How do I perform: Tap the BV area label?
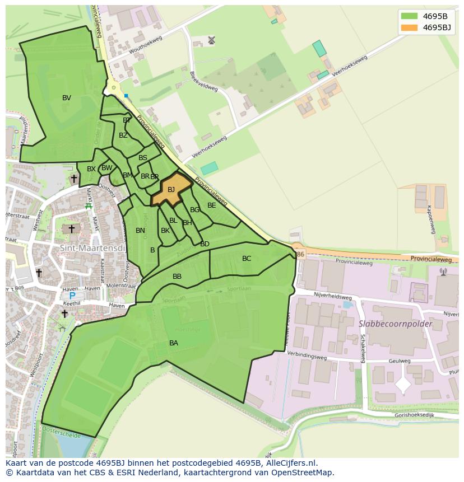tap(67, 98)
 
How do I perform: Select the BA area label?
tap(174, 343)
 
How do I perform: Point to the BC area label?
tap(247, 258)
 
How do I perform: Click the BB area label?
tap(177, 277)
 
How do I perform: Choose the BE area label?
tap(211, 205)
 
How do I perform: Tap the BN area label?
tap(140, 230)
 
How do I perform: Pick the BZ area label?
tap(123, 135)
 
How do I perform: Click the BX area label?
tap(91, 169)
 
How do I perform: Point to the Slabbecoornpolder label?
tap(395, 324)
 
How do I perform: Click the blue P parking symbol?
tap(72, 296)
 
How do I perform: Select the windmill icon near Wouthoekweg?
tap(211, 40)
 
